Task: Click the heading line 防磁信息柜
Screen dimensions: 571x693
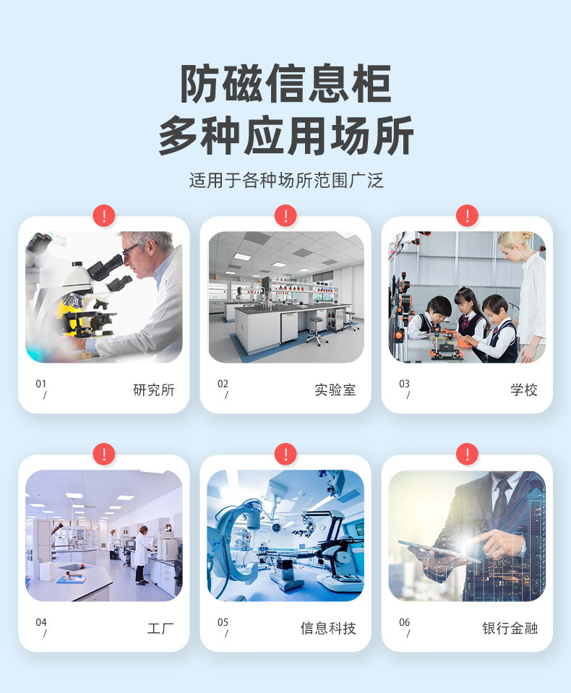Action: (x=285, y=84)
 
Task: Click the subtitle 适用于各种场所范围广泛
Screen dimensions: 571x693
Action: (x=286, y=181)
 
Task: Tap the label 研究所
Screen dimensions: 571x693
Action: (x=154, y=389)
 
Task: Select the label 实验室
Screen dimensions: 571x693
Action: (x=335, y=389)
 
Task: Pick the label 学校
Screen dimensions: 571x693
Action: (x=524, y=389)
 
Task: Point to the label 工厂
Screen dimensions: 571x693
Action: (x=160, y=628)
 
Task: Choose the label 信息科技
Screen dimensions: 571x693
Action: (x=328, y=628)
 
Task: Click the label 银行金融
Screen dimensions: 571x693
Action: (x=510, y=628)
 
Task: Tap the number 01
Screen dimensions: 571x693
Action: (x=40, y=384)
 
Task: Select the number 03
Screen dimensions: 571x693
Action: (x=404, y=384)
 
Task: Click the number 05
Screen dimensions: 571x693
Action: (x=223, y=622)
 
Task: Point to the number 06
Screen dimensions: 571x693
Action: (x=404, y=622)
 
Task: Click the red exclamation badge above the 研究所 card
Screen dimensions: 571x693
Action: (x=104, y=215)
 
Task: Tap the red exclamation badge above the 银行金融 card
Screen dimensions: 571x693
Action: (x=467, y=455)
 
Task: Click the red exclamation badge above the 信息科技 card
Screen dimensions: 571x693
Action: (x=285, y=455)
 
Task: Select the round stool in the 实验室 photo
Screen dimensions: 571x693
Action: (x=317, y=330)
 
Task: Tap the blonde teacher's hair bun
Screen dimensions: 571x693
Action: (x=526, y=236)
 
